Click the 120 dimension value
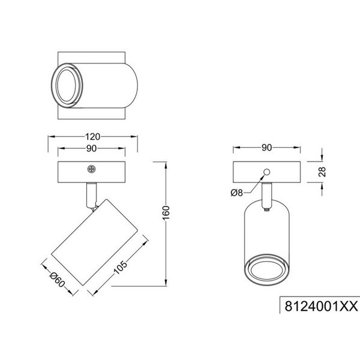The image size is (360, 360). (93, 137)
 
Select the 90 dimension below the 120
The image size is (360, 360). (93, 149)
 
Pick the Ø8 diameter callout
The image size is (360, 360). (237, 193)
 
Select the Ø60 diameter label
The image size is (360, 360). (56, 279)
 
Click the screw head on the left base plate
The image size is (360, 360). (91, 170)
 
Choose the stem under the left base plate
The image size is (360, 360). (90, 193)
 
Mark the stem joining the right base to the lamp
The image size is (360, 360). (266, 193)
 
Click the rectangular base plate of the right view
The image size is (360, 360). (267, 172)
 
